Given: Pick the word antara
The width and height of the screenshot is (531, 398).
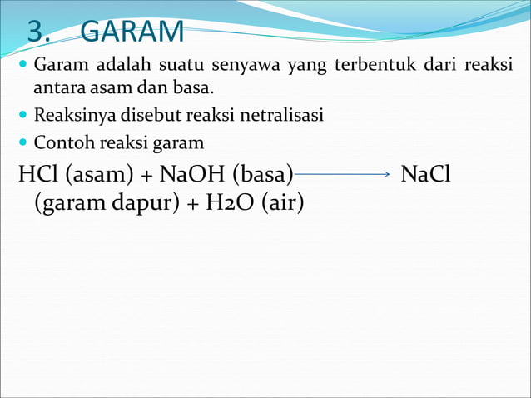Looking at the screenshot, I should (52, 87).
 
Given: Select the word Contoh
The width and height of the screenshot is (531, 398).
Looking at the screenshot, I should (61, 142).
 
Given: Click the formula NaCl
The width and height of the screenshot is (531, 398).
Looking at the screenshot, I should (425, 175).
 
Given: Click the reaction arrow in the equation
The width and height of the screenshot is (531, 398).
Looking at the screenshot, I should (343, 174).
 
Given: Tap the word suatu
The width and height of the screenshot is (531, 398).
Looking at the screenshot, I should (174, 67).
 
